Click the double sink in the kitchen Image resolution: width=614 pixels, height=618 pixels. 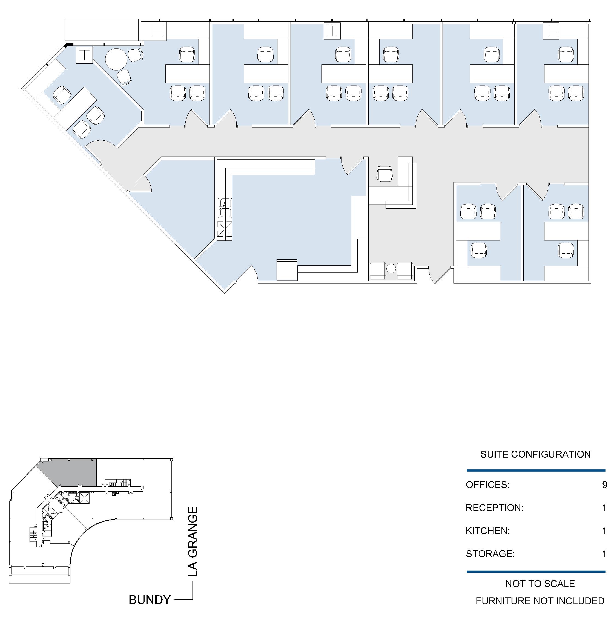[x=225, y=208]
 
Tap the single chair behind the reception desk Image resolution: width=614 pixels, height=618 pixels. [x=384, y=174]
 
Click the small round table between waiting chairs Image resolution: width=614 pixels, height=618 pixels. [x=391, y=268]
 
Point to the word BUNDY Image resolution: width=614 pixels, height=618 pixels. [x=150, y=600]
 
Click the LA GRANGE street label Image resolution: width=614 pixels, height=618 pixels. [x=193, y=542]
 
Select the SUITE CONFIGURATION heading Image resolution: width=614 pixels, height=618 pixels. [x=535, y=454]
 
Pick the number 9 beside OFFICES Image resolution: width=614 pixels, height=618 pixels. [x=604, y=485]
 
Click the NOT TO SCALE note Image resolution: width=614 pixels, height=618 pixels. [x=540, y=584]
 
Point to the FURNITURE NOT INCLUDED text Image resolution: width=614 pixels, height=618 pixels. [x=540, y=601]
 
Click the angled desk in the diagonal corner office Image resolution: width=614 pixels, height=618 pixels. [x=75, y=102]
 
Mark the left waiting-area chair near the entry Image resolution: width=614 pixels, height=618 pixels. [x=377, y=270]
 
